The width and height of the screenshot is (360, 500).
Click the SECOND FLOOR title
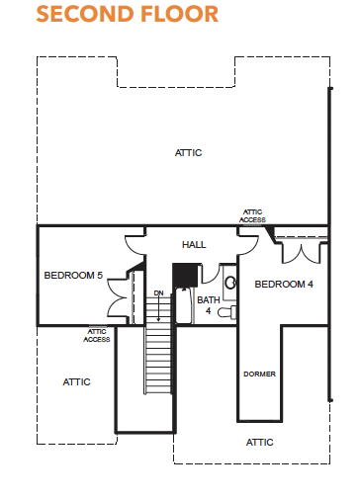coord(128,14)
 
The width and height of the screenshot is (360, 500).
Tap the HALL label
coord(194,245)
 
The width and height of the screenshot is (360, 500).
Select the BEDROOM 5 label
coord(73,275)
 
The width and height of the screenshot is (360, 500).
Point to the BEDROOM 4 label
coord(284,284)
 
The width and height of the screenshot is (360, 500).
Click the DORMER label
coord(259,374)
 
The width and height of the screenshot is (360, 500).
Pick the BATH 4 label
coord(209,305)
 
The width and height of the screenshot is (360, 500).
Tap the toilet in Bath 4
coord(226,312)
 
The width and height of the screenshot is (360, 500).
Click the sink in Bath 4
coord(230,283)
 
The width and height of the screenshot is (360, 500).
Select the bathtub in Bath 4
coord(185,305)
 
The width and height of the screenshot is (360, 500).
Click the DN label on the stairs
coord(158,292)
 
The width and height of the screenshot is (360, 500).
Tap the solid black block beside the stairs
coord(185,275)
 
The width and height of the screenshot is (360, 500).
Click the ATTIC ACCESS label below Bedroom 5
coord(97,335)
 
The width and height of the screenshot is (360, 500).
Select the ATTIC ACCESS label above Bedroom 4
coord(252,215)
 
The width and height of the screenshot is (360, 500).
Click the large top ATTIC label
coord(188,153)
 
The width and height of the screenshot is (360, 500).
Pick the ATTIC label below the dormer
coord(260,442)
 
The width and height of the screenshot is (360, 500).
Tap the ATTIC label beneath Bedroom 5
coord(76,382)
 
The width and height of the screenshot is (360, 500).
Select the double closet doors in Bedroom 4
coord(302,253)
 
